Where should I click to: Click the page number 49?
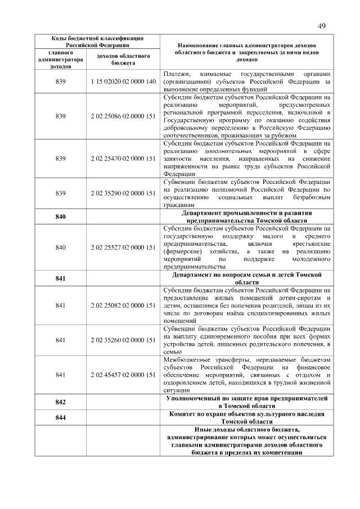pyautogui.click(x=321, y=26)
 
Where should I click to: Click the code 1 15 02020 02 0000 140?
pyautogui.click(x=123, y=82)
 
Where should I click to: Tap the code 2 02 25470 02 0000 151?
pyautogui.click(x=123, y=159)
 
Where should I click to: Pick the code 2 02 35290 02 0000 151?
pyautogui.click(x=123, y=193)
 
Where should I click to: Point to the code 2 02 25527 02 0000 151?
pyautogui.click(x=123, y=247)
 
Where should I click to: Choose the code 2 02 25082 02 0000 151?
pyautogui.click(x=123, y=305)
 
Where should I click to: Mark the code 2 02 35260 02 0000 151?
pyautogui.click(x=123, y=340)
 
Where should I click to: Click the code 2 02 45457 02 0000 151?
pyautogui.click(x=123, y=375)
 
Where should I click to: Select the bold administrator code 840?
pyautogui.click(x=61, y=217)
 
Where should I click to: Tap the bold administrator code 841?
pyautogui.click(x=61, y=278)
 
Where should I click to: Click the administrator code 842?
pyautogui.click(x=61, y=402)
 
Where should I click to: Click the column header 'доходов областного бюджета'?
pyautogui.click(x=123, y=60)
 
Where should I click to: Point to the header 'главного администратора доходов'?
pyautogui.click(x=61, y=60)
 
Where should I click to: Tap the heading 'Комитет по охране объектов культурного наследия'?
pyautogui.click(x=246, y=414)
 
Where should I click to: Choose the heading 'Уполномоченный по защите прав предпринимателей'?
pyautogui.click(x=246, y=398)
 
